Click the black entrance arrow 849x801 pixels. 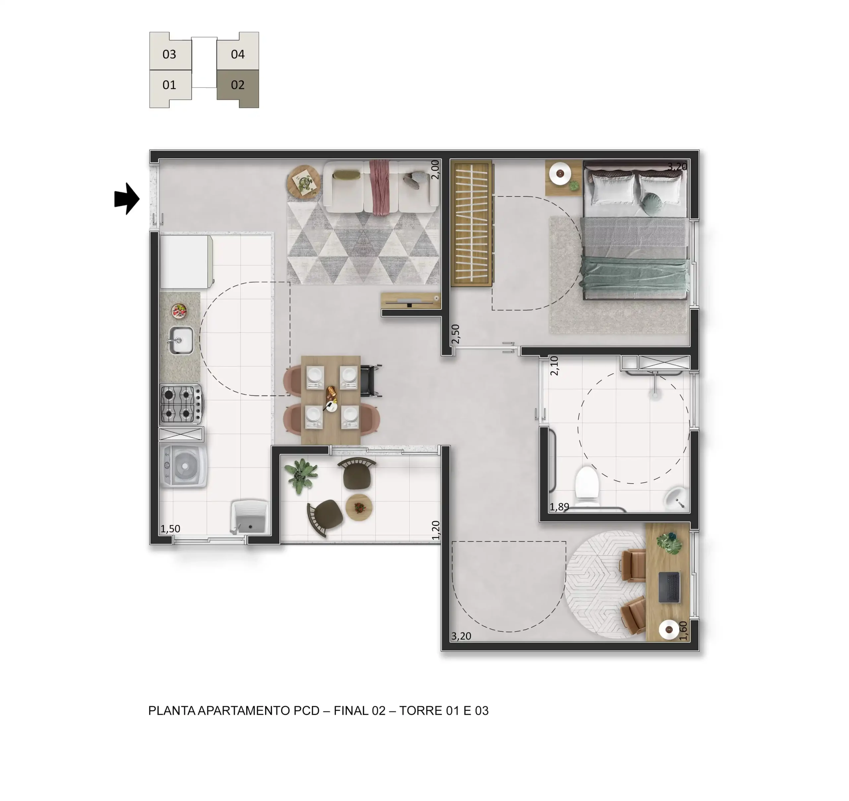click(x=127, y=199)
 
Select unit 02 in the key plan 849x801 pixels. click(x=238, y=88)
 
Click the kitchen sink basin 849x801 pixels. click(x=181, y=340)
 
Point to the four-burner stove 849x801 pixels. click(x=181, y=404)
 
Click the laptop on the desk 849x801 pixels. click(x=669, y=587)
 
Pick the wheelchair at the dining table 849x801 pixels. click(x=370, y=381)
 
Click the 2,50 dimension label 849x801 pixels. click(x=455, y=334)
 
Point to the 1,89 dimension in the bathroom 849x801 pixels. click(x=559, y=507)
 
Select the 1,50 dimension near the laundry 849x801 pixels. click(x=170, y=529)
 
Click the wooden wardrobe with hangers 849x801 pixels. click(x=472, y=223)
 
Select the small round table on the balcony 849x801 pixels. click(x=359, y=508)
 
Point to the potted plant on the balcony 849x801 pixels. click(x=302, y=475)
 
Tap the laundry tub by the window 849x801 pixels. click(x=249, y=517)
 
